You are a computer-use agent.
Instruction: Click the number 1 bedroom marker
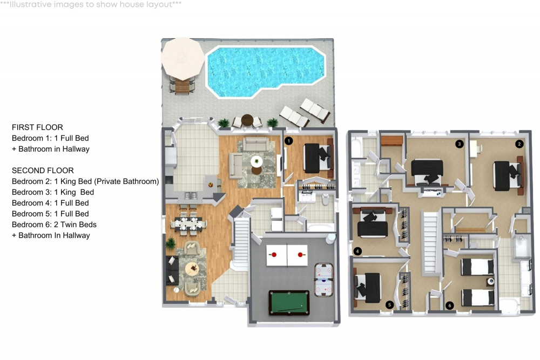[289, 141]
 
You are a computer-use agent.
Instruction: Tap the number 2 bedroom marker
[519, 144]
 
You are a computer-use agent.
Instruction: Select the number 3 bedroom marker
[459, 144]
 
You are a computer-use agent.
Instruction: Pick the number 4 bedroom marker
[357, 251]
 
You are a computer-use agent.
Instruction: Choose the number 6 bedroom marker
[449, 305]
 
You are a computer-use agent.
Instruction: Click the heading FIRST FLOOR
[37, 127]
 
